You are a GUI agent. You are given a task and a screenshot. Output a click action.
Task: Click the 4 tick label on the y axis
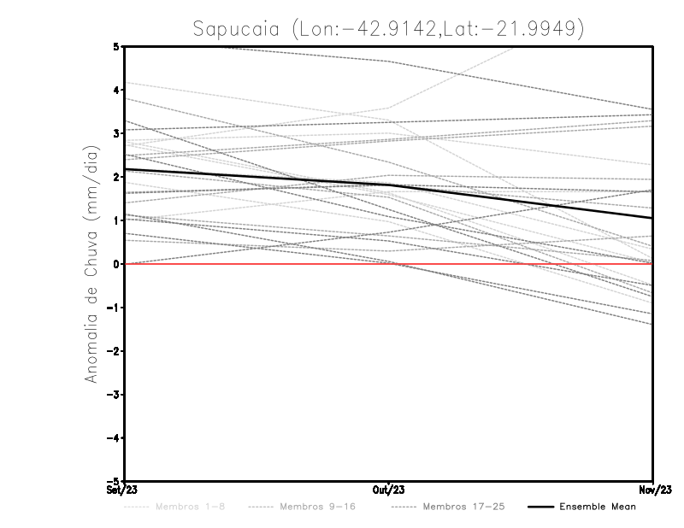click(x=116, y=90)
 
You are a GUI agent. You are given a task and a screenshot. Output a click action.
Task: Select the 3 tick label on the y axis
click(x=116, y=133)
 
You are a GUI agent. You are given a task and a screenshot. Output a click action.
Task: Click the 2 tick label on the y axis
click(x=116, y=177)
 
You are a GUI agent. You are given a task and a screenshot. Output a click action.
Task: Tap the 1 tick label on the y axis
click(x=116, y=220)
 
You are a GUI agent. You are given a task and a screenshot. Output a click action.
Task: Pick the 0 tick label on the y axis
click(x=116, y=264)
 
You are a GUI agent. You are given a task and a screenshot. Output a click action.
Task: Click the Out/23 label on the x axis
click(x=389, y=490)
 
